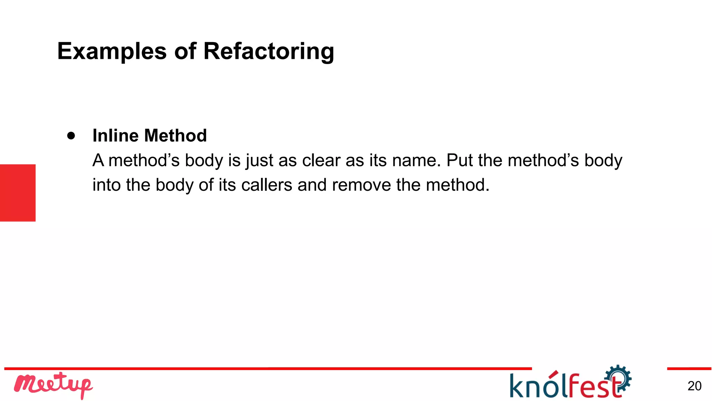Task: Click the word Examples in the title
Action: (x=112, y=52)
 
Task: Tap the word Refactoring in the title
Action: (x=268, y=52)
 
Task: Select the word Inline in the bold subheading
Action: (x=116, y=135)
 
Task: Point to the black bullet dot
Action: (x=71, y=135)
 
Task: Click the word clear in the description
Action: (x=321, y=160)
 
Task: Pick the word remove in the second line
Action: (x=361, y=185)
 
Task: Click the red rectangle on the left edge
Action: (x=18, y=192)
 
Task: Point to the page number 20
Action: (x=694, y=386)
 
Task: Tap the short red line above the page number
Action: (x=689, y=369)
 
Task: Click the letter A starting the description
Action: (x=98, y=160)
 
